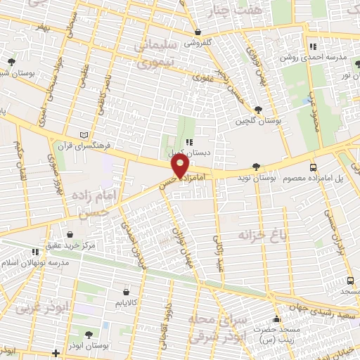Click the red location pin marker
pyautogui.click(x=180, y=167)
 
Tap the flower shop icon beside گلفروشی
pyautogui.click(x=199, y=32)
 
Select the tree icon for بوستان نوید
pyautogui.click(x=255, y=167)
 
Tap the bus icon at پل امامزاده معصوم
pyautogui.click(x=312, y=167)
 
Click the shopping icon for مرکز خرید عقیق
pyautogui.click(x=70, y=235)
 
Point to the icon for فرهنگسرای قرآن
pyautogui.click(x=85, y=135)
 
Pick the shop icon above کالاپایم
pyautogui.click(x=126, y=290)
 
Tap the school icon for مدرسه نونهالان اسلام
pyautogui.click(x=35, y=252)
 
